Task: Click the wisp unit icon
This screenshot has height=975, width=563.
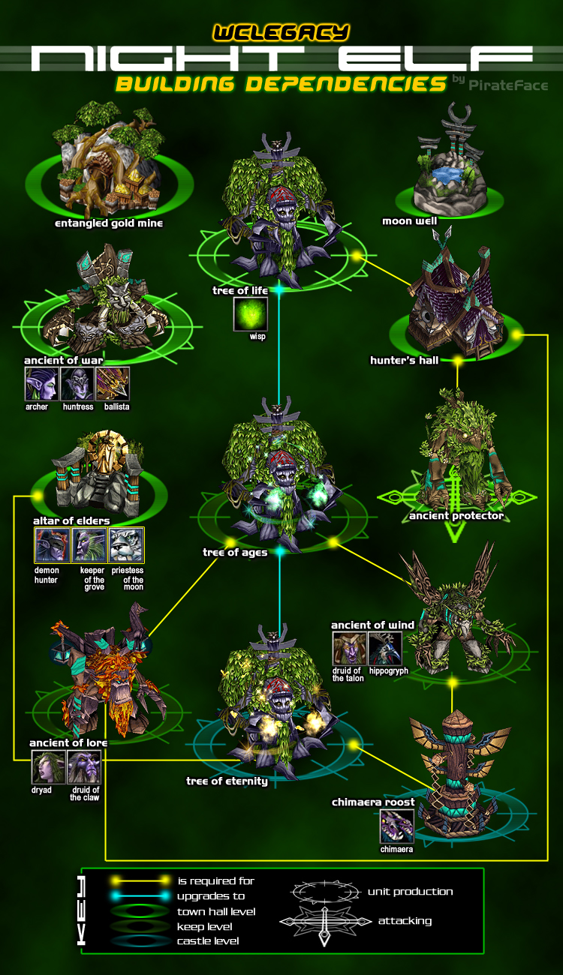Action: tap(251, 313)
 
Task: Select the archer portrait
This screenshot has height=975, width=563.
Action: tap(41, 383)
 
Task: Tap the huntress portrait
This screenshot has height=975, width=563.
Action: tap(77, 383)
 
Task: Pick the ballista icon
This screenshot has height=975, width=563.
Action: tap(113, 383)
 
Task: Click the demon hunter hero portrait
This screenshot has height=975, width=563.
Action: tap(53, 545)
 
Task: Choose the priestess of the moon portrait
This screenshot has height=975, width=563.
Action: tap(126, 545)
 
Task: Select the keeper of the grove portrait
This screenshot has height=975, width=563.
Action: tap(89, 545)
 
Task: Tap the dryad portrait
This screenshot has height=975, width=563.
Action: tap(48, 767)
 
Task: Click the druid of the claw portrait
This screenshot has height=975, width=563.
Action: tap(84, 767)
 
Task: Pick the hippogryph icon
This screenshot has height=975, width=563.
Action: tap(385, 648)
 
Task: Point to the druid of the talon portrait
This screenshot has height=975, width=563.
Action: tap(350, 648)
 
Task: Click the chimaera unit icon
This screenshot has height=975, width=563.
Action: tap(396, 826)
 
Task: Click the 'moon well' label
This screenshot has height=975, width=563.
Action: tap(410, 221)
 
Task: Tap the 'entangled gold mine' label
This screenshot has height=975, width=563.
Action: tap(109, 223)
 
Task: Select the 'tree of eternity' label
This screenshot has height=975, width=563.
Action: tap(227, 781)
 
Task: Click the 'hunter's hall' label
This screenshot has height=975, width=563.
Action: tap(405, 360)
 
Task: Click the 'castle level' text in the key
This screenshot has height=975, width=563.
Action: tap(208, 941)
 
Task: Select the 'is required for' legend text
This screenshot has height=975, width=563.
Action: tap(216, 881)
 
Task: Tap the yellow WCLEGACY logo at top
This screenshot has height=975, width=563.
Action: tap(281, 33)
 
